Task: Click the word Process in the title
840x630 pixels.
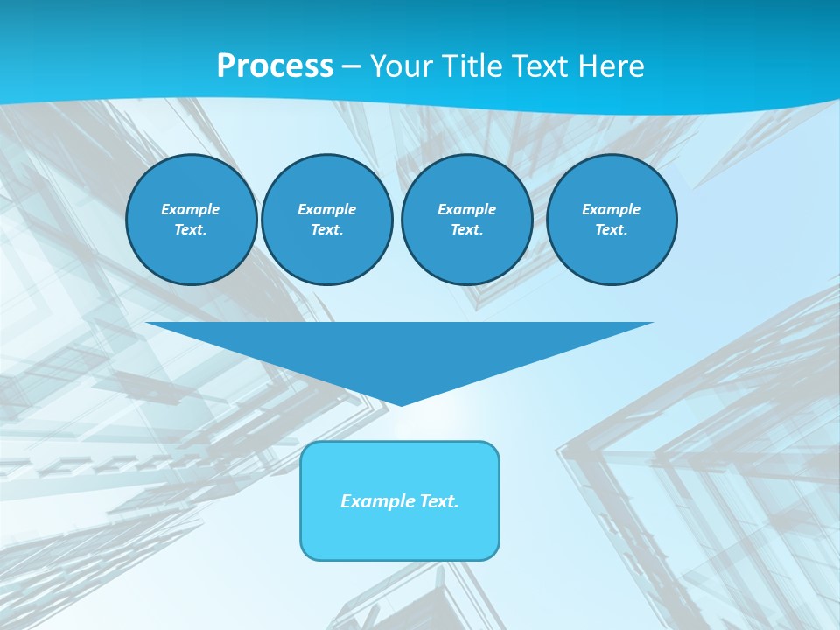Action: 275,66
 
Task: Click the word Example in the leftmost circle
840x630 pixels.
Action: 191,209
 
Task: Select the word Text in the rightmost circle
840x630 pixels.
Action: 611,229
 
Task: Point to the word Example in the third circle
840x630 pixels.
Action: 466,209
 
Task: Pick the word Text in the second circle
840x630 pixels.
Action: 326,229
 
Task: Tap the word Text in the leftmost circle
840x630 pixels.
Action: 191,229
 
